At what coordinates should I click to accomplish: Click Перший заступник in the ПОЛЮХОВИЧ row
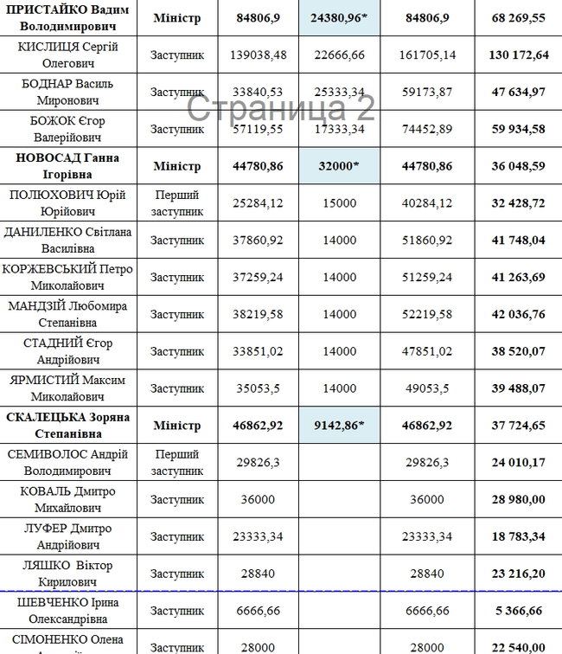pos(177,202)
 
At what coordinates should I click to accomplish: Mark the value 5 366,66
pos(518,611)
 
